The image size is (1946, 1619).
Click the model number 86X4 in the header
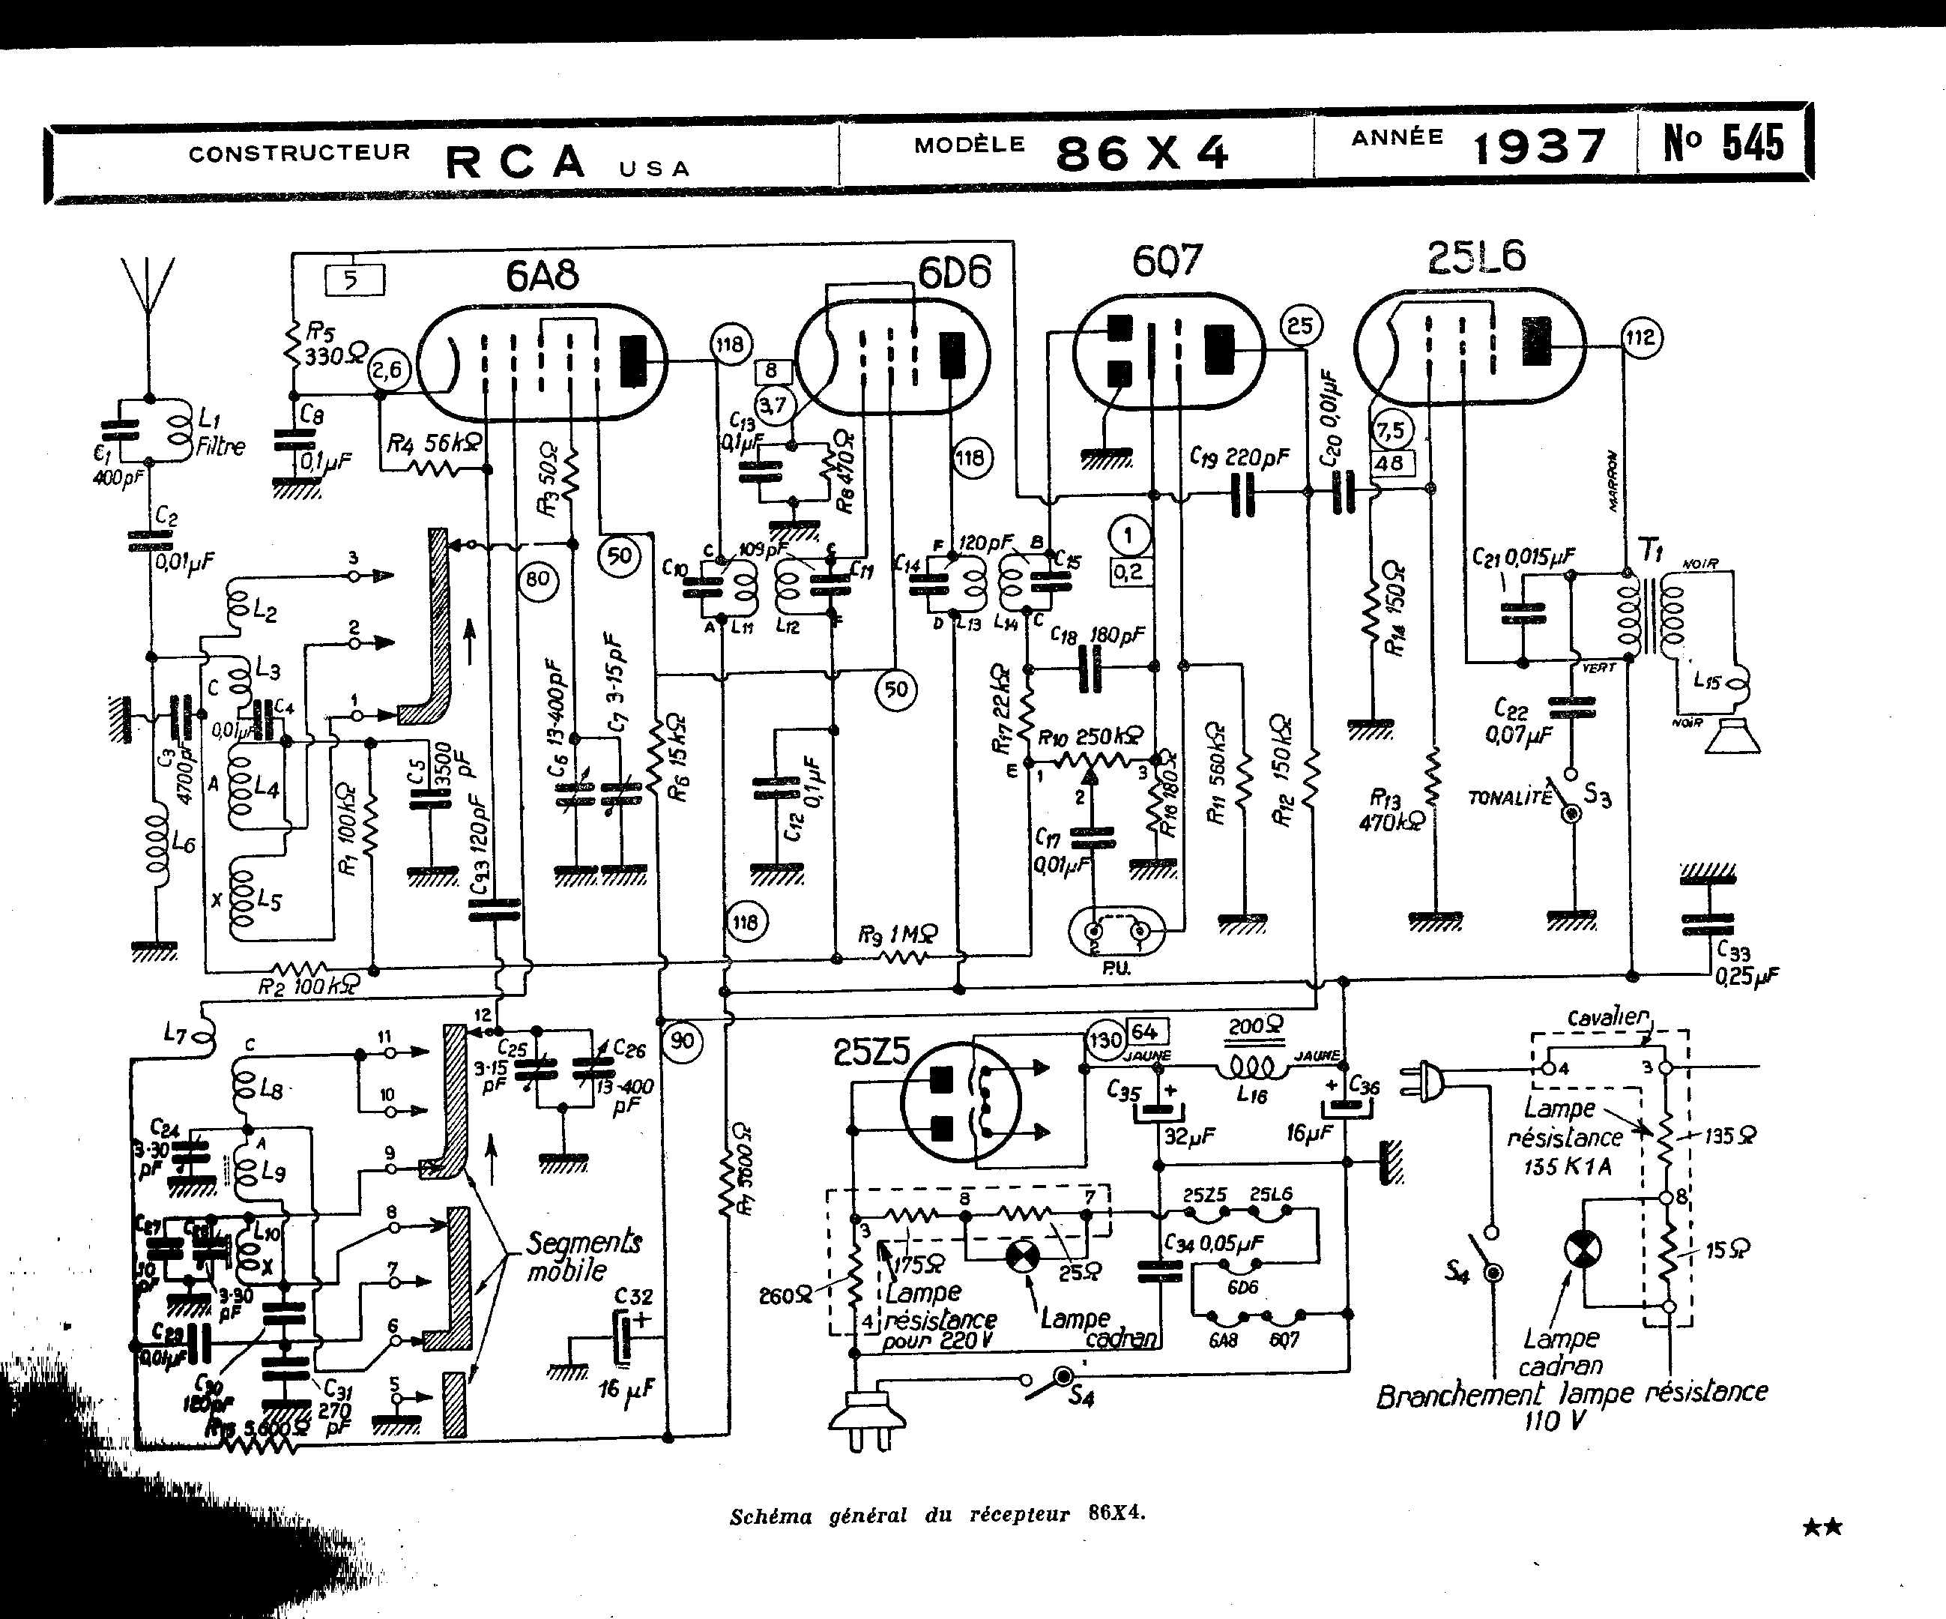coord(1142,153)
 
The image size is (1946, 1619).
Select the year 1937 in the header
coord(1539,146)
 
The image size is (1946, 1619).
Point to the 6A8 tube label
coord(542,275)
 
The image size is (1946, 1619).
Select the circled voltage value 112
coord(1640,337)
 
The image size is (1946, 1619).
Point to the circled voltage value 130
coord(1105,1040)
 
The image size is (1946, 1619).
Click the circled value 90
coord(682,1040)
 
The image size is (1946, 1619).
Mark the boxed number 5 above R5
coord(353,280)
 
